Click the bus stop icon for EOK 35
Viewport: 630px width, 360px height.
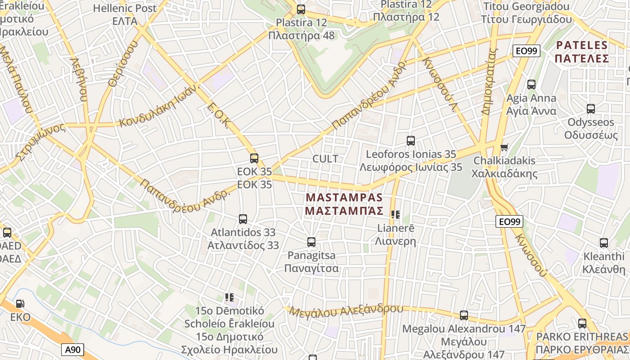pyautogui.click(x=254, y=158)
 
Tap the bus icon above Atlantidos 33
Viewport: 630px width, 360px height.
pyautogui.click(x=243, y=219)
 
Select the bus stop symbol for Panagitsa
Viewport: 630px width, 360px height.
pyautogui.click(x=311, y=242)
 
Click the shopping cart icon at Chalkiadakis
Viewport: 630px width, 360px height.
pyautogui.click(x=504, y=147)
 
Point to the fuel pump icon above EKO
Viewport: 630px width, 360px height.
pyautogui.click(x=20, y=304)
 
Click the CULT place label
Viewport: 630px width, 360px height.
pyautogui.click(x=325, y=159)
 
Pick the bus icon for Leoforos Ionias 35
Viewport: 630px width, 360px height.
pyautogui.click(x=411, y=141)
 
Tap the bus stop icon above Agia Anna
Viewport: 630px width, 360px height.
pyautogui.click(x=531, y=85)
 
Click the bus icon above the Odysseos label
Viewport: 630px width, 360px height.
pyautogui.click(x=591, y=109)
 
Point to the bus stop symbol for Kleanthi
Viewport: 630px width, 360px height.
pyautogui.click(x=604, y=243)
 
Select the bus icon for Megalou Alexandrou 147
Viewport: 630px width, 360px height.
pyautogui.click(x=464, y=315)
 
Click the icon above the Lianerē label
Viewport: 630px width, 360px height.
pyautogui.click(x=396, y=215)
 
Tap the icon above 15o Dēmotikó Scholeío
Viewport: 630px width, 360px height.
pyautogui.click(x=229, y=297)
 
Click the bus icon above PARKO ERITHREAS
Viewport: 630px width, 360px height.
pyautogui.click(x=582, y=323)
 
